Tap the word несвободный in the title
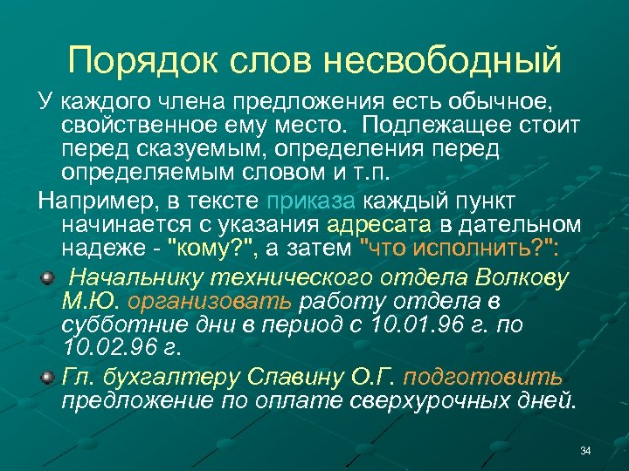[x=443, y=60]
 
